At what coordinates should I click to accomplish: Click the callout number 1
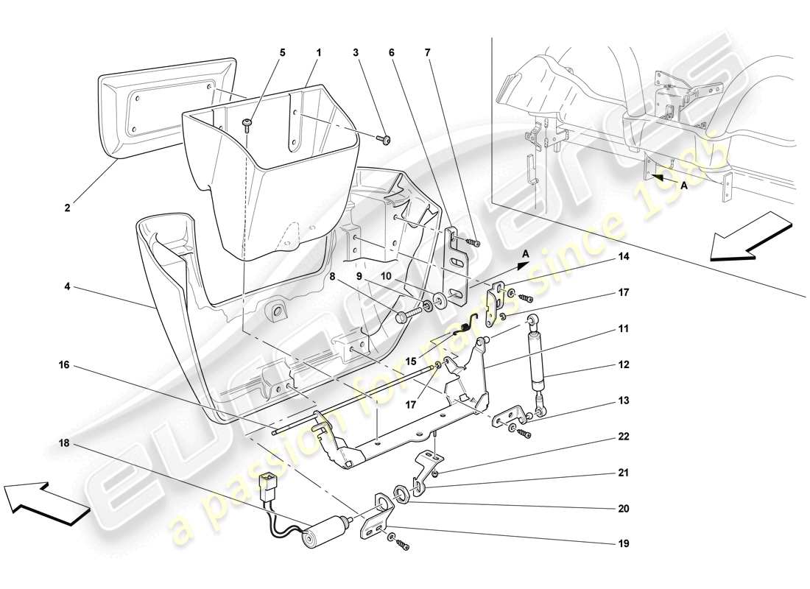(x=319, y=53)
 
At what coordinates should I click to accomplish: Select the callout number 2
(x=68, y=208)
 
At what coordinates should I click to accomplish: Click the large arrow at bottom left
(x=43, y=501)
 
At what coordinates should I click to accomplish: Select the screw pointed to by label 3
(x=386, y=139)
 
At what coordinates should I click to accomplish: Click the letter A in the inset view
(x=684, y=186)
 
